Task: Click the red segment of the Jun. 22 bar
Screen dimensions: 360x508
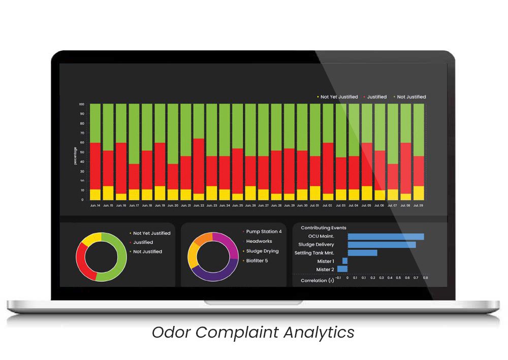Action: click(x=199, y=166)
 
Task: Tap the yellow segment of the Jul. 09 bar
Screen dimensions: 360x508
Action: click(x=419, y=193)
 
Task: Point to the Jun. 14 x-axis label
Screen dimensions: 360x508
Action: click(x=95, y=206)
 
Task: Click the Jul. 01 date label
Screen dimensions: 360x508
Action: click(x=315, y=206)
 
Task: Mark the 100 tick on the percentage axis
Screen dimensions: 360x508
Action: click(x=81, y=104)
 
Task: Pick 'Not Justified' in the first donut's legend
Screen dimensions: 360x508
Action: click(x=147, y=252)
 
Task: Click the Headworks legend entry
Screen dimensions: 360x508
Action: click(x=259, y=242)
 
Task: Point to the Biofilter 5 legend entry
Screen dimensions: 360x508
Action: click(x=257, y=261)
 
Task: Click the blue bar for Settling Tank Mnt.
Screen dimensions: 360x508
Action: click(x=362, y=253)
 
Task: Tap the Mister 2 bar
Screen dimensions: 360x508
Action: click(x=342, y=269)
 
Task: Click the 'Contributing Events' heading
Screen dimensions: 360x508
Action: click(x=323, y=228)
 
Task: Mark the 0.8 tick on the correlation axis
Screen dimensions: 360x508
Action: click(x=425, y=278)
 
